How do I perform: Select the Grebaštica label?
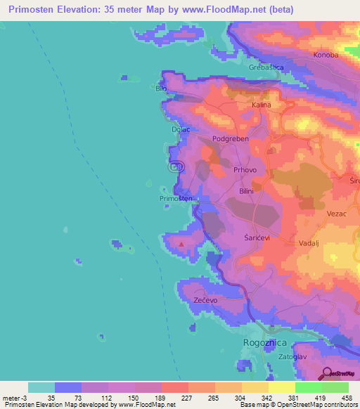(x=266, y=67)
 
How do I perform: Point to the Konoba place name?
(x=326, y=55)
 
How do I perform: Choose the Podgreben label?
(x=231, y=139)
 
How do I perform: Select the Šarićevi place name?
(x=257, y=238)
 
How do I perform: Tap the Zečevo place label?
(x=204, y=299)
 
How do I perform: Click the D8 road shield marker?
(x=176, y=167)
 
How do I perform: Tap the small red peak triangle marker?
(x=182, y=245)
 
